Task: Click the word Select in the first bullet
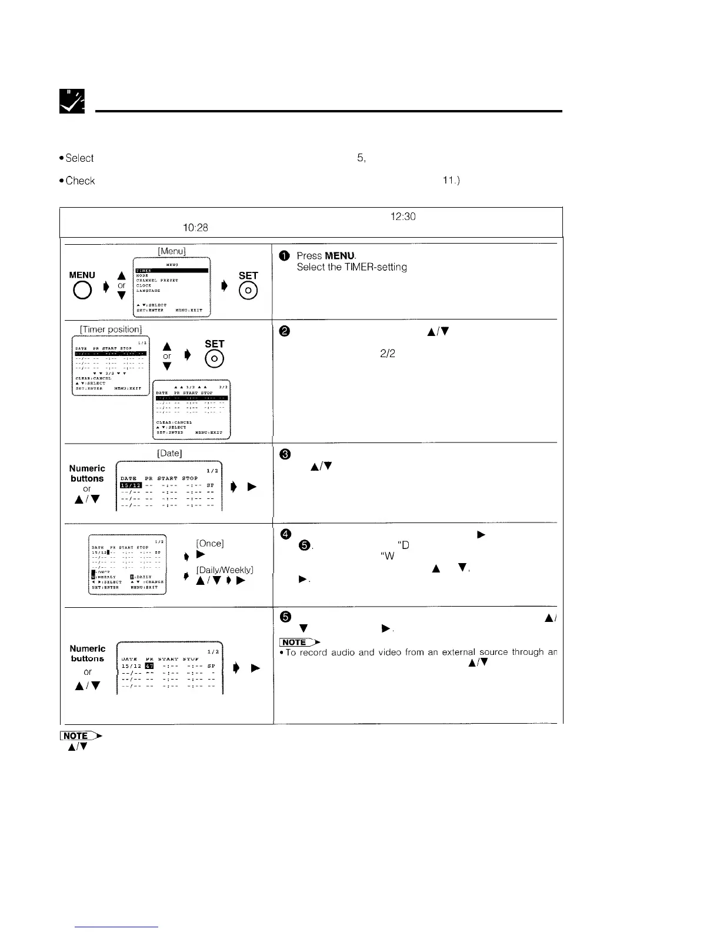point(79,158)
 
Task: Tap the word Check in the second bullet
point(80,181)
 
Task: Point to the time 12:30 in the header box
point(403,217)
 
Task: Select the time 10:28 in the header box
point(195,228)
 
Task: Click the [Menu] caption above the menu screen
point(172,251)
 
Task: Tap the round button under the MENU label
point(82,291)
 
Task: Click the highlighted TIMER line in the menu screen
point(171,271)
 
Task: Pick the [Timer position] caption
point(111,329)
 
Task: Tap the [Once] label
point(209,543)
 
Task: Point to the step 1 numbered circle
point(285,256)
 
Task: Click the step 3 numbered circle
point(285,454)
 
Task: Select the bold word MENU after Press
point(339,256)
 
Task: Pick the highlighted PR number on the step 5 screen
point(149,666)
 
